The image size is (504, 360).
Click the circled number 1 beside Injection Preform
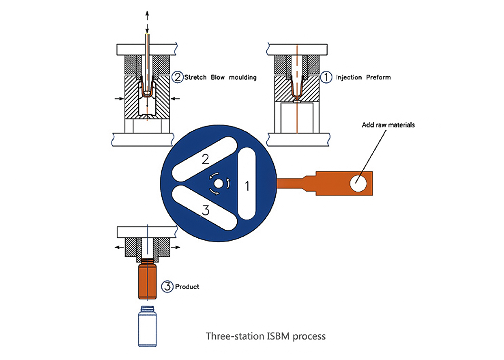click(x=326, y=77)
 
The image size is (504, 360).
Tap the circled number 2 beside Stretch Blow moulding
click(x=177, y=77)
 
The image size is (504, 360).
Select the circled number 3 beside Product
click(x=167, y=286)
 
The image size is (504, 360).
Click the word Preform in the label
click(x=378, y=77)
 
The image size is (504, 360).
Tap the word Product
click(x=187, y=287)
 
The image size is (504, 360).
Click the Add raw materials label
click(x=388, y=125)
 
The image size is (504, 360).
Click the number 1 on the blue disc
click(x=246, y=186)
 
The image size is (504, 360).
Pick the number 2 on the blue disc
click(x=205, y=159)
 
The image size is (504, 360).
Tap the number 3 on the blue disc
click(x=206, y=210)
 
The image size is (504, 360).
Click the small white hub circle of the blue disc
click(x=218, y=183)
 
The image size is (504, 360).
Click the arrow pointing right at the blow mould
click(x=119, y=98)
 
